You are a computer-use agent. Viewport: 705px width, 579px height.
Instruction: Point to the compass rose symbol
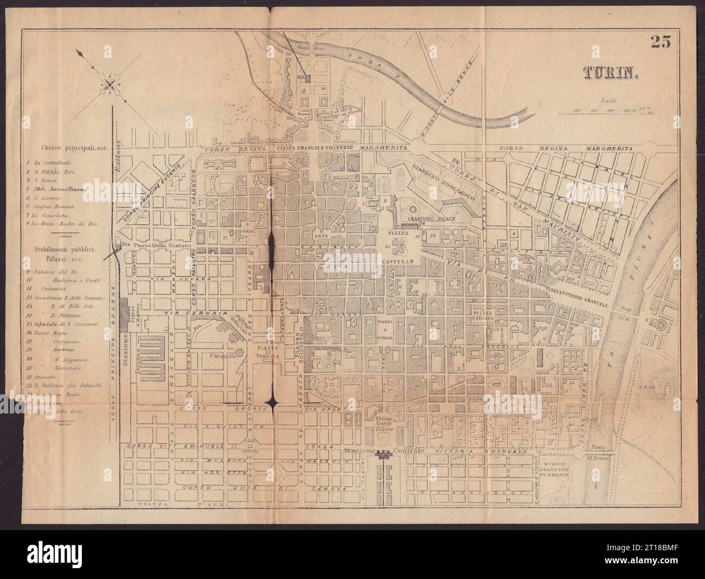110,84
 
